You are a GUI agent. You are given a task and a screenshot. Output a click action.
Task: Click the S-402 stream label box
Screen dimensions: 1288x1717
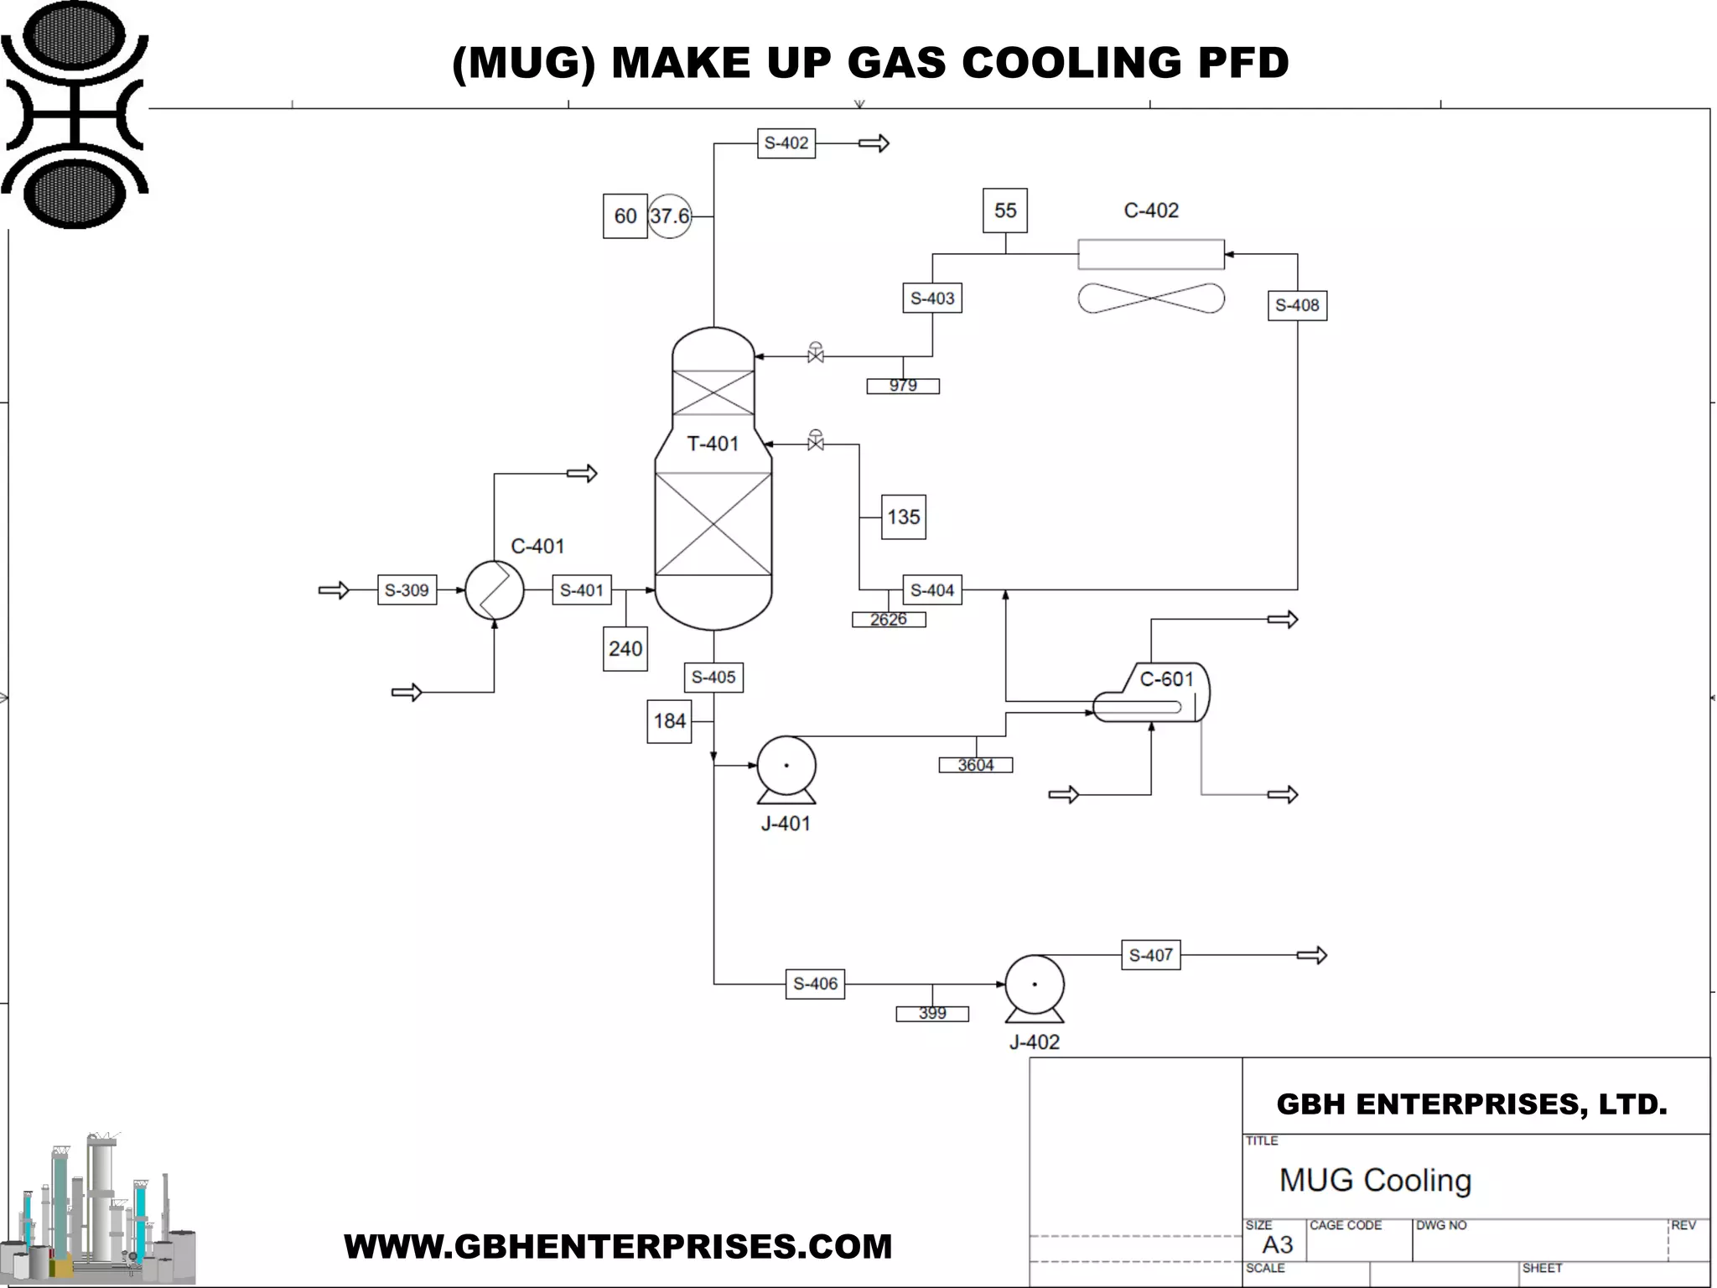(x=786, y=143)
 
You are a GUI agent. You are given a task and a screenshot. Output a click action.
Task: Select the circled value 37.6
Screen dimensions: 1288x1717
(x=669, y=216)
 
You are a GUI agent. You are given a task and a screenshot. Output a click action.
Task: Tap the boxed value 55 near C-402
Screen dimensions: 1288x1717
(x=1005, y=210)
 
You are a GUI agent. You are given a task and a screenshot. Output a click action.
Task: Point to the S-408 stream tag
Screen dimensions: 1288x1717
(x=1296, y=305)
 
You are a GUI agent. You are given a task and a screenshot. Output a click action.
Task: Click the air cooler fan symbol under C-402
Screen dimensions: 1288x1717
(x=1150, y=299)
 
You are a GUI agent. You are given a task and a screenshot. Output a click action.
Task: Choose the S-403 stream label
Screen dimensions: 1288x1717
(x=931, y=299)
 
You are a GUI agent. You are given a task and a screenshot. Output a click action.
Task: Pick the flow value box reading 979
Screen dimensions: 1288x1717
(x=903, y=386)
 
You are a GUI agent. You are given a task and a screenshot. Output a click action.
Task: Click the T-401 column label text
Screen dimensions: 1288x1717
(x=713, y=444)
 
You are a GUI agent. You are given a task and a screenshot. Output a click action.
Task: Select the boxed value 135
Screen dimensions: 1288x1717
(x=903, y=517)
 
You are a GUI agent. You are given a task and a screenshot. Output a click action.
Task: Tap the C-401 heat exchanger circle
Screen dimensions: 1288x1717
(x=495, y=590)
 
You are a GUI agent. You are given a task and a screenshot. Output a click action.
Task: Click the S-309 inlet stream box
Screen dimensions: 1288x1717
(x=407, y=590)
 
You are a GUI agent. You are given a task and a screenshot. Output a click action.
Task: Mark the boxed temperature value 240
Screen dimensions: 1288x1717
(x=625, y=649)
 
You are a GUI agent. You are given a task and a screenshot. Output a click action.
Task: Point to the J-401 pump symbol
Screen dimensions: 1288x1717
(x=786, y=766)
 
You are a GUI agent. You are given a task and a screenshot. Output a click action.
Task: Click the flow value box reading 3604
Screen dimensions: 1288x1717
(x=975, y=765)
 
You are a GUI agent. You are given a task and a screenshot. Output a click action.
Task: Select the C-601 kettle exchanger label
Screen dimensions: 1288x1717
(x=1166, y=679)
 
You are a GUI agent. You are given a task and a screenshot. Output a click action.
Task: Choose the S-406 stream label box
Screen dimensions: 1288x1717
(x=815, y=984)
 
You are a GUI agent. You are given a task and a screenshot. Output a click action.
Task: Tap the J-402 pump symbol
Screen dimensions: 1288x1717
(x=1035, y=986)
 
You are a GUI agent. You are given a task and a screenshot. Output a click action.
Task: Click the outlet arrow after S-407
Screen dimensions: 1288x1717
(x=1311, y=955)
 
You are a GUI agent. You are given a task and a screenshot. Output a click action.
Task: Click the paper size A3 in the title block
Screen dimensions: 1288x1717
(x=1277, y=1245)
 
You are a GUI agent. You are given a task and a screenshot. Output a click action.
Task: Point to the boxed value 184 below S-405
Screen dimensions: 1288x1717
(x=669, y=721)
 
